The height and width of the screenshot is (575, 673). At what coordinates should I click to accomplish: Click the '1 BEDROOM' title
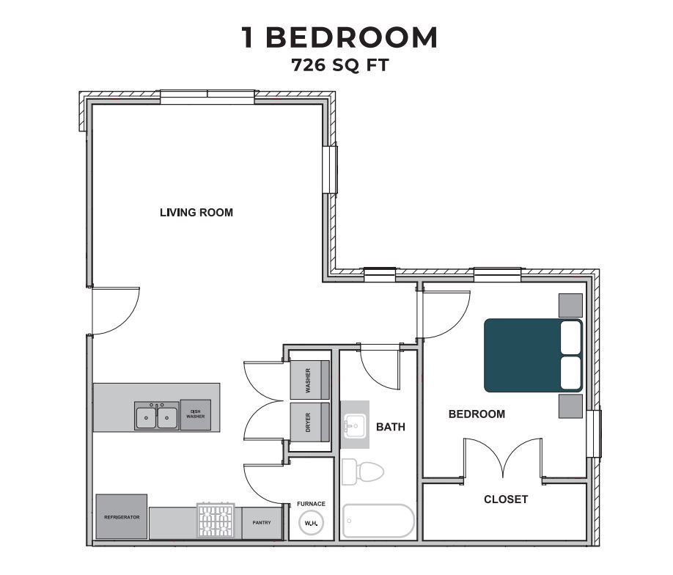coord(339,37)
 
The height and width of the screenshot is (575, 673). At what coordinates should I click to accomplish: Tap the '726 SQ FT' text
coord(339,65)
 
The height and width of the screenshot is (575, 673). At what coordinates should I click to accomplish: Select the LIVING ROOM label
coord(196,213)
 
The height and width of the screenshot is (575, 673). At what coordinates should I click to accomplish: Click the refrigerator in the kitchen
coord(122,517)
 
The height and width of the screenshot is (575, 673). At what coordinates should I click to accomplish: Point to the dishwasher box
coord(195,414)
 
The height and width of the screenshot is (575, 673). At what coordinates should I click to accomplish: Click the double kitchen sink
coord(156,416)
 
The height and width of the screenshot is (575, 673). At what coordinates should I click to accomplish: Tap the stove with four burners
coord(216,521)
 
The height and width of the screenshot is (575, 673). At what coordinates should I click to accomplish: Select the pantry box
coord(262,522)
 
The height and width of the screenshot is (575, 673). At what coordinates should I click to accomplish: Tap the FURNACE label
coord(311,504)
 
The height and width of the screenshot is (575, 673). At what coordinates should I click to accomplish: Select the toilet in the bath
coord(363,471)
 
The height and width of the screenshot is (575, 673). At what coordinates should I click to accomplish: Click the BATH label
coord(391,426)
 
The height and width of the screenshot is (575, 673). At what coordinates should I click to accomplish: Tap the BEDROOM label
coord(477,414)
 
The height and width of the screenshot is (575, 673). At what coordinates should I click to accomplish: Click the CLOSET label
coord(506,499)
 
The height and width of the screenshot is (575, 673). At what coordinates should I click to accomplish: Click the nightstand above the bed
coord(570,305)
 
